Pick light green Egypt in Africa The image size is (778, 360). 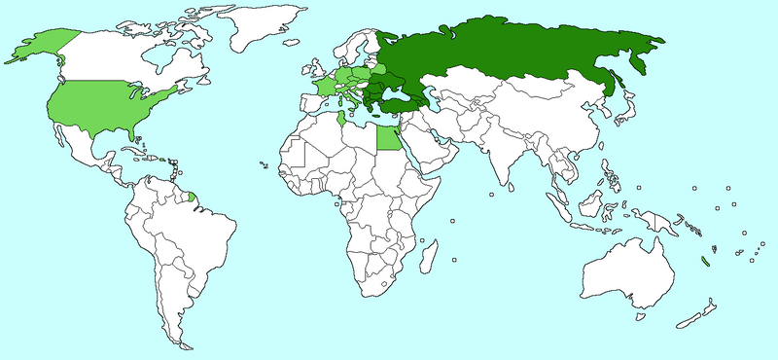388,139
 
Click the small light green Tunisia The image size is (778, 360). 339,124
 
